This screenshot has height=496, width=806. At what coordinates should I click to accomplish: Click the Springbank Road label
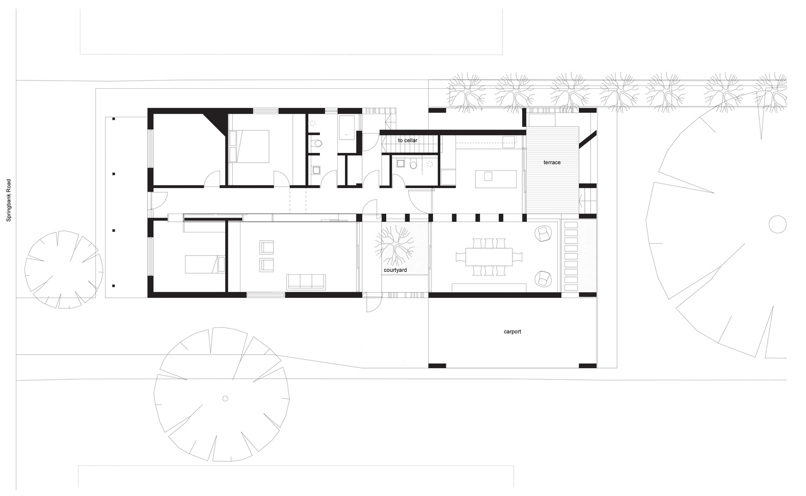9,200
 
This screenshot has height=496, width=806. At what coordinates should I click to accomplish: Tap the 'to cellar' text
407,140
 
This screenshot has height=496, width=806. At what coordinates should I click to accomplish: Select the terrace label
552,162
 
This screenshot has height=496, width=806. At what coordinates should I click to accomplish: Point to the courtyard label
395,270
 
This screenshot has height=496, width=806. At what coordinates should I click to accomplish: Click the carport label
513,331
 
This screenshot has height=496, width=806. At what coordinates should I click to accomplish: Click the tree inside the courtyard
395,245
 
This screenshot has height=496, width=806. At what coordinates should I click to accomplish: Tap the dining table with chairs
489,257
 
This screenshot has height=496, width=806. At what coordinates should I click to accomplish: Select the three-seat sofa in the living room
306,282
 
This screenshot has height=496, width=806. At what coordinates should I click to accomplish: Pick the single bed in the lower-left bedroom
205,264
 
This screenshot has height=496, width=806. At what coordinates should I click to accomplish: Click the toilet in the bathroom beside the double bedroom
317,143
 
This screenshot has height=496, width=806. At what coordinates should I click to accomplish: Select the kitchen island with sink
496,179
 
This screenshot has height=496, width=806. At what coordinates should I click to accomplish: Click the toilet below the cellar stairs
413,164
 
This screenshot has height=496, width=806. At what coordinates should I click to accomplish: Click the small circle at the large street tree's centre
225,399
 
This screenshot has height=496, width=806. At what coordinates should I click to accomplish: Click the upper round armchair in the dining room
543,233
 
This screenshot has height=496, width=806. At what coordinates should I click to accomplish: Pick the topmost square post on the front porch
114,118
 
